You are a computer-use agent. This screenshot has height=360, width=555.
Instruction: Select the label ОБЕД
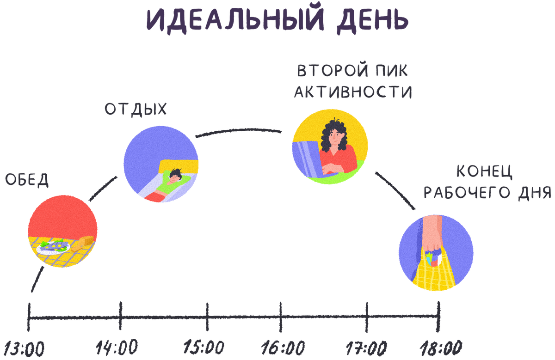[x=26, y=180]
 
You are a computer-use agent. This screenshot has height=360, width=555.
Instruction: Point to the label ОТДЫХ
[x=136, y=110]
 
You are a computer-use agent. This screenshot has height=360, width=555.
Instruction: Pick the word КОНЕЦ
[x=484, y=172]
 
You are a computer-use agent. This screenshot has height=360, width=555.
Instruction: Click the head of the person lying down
[x=175, y=175]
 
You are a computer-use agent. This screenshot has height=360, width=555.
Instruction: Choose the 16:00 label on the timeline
[x=283, y=347]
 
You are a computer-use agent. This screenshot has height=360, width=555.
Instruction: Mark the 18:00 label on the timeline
[x=441, y=347]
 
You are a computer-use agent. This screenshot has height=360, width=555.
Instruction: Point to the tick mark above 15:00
[x=207, y=317]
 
